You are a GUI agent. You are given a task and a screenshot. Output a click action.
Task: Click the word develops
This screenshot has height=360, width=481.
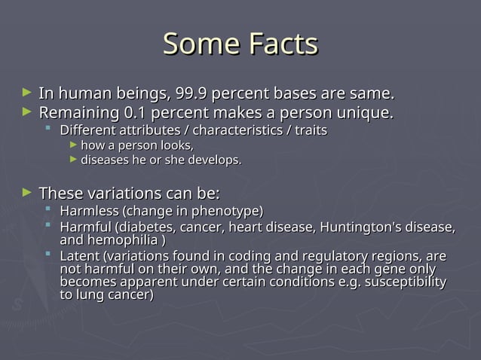click(216, 160)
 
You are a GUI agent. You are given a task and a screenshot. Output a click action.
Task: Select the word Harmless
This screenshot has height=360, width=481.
click(89, 210)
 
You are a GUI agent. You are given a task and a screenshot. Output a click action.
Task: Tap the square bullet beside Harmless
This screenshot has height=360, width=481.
click(49, 209)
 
